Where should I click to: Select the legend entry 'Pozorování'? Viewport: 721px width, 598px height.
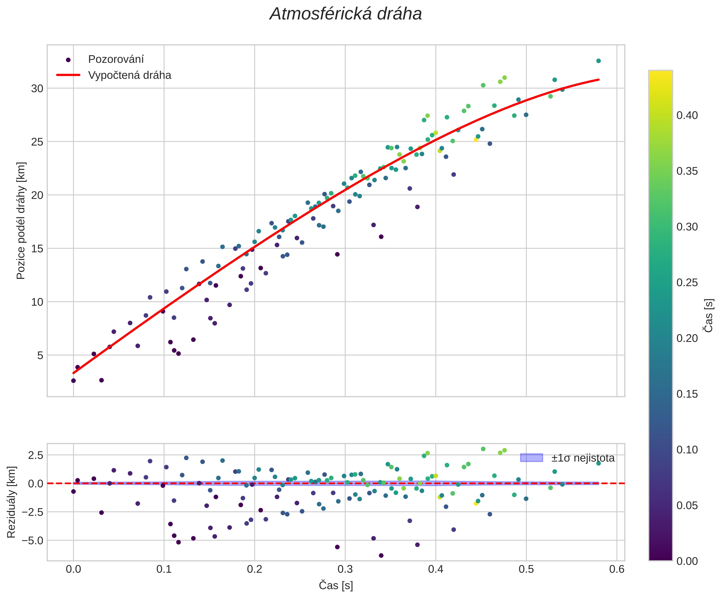coord(116,59)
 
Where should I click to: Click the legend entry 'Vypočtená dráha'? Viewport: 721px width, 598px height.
coord(129,75)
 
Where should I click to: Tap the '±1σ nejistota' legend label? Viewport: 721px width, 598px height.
coord(583,458)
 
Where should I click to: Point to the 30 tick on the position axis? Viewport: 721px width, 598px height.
coord(37,88)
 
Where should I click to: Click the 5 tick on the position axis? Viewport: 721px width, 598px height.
coord(40,355)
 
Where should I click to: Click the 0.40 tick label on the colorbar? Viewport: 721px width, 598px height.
coord(687,116)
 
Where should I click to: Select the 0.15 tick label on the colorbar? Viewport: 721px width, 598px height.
coord(687,394)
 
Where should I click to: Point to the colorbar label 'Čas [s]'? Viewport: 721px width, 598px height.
coord(709,316)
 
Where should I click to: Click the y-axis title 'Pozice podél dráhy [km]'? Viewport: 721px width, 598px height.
coord(21,221)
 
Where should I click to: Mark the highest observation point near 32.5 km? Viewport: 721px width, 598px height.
coord(598,61)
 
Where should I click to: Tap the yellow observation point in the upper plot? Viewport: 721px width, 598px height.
coord(476,140)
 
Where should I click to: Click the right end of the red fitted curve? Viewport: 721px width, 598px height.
coord(598,80)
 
